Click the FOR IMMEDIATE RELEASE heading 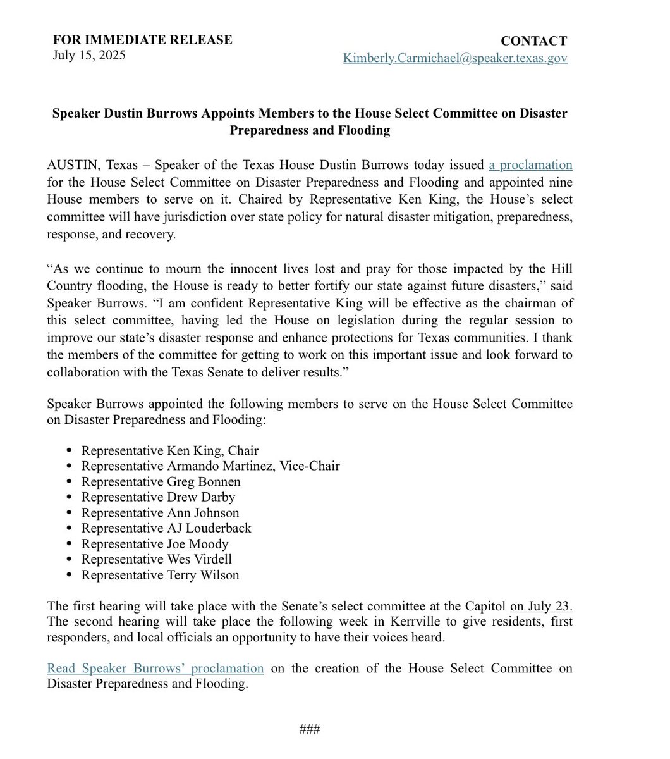click(142, 40)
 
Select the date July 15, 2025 click(89, 55)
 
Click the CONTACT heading click(533, 41)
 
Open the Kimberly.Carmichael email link click(455, 58)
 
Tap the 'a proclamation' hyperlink click(530, 165)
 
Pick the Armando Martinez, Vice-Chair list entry click(210, 466)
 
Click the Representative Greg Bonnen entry click(161, 482)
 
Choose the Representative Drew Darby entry click(158, 497)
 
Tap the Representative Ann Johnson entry click(160, 513)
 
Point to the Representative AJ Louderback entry click(166, 528)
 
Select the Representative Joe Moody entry click(155, 544)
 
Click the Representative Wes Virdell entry click(157, 559)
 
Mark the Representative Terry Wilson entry click(160, 575)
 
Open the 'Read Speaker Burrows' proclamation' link click(155, 668)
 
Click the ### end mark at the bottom click(310, 729)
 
